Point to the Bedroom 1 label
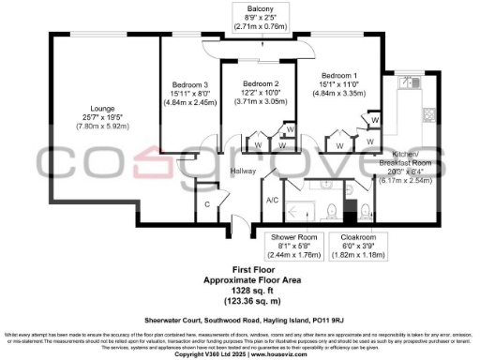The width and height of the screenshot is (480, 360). click(339, 75)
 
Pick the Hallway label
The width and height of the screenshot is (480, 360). click(245, 171)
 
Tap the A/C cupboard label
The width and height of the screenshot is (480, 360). click(272, 200)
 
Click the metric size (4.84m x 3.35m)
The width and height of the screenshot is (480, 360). click(339, 94)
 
